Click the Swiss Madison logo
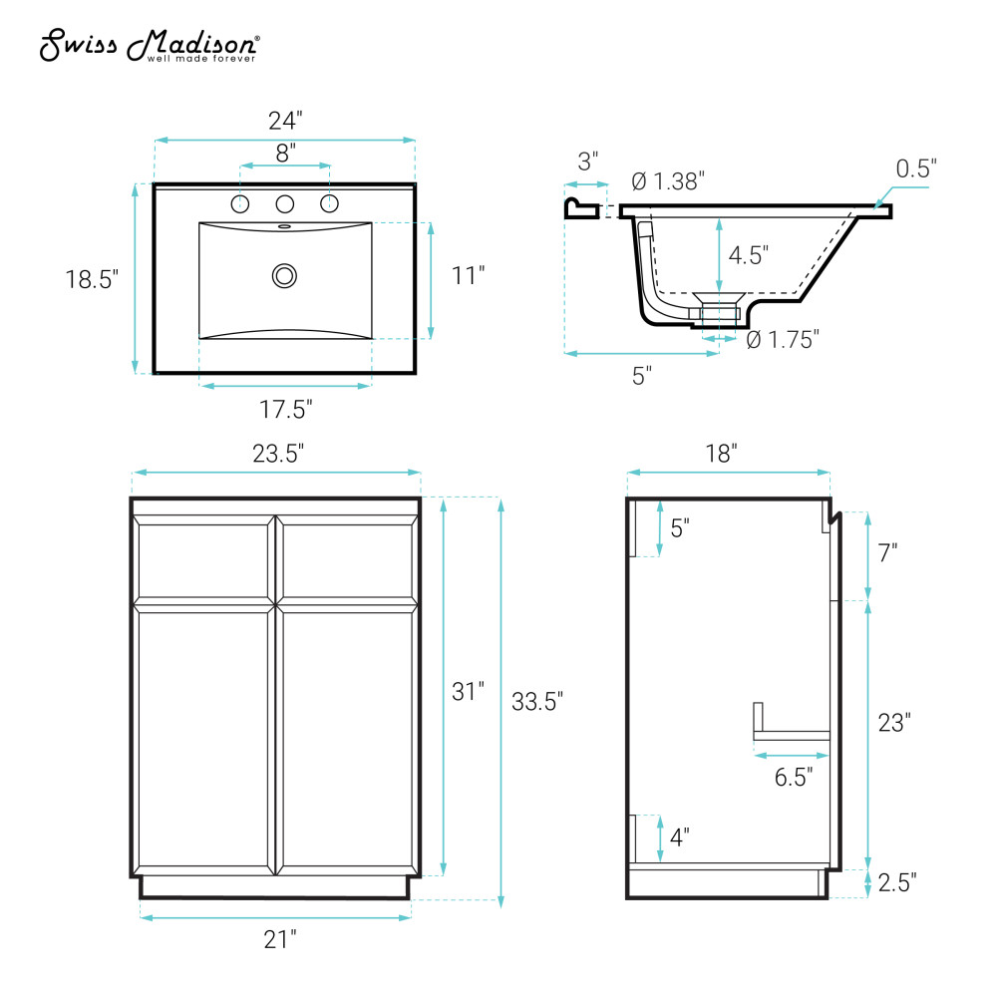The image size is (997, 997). pos(150,46)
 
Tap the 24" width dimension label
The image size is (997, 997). pos(285,121)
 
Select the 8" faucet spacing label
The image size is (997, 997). pos(285,153)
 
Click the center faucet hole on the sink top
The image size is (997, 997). pos(285,204)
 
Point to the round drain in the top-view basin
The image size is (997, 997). pos(284,276)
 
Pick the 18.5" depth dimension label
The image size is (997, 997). pos(92,279)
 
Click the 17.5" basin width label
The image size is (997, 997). pos(285,409)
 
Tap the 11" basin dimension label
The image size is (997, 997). pos(468,275)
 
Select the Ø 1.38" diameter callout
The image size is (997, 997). pos(668,181)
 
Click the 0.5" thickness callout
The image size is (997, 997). pos(916,168)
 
